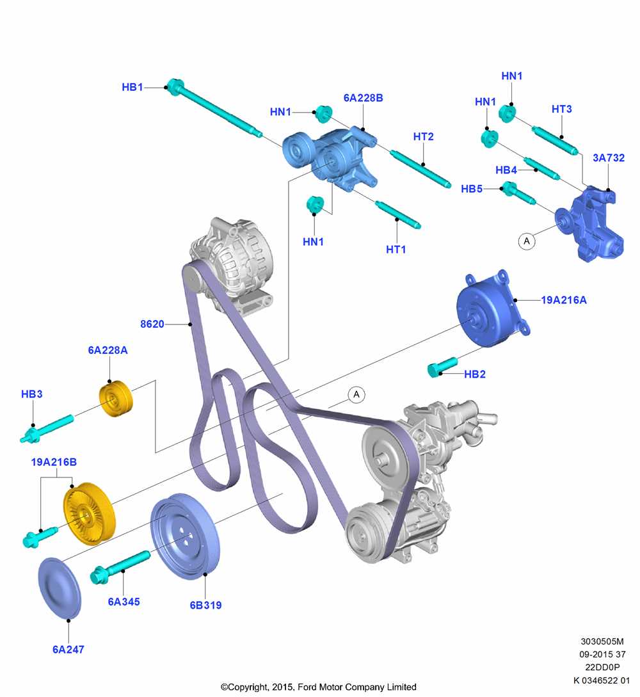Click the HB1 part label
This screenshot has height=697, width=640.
coord(132,87)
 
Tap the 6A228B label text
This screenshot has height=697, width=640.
coord(363,98)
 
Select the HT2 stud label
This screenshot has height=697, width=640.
coord(423,136)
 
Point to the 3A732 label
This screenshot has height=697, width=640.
coord(609,158)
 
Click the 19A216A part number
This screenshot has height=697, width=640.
coord(564,300)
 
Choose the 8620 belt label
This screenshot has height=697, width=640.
coord(152,324)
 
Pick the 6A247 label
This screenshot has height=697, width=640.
coord(68,650)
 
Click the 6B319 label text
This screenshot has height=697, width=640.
coord(205,605)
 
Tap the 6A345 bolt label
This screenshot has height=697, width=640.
coord(124,602)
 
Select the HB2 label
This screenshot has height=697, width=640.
coord(475,374)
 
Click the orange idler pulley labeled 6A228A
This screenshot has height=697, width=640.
coord(116,399)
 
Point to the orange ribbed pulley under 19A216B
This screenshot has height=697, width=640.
coord(90,513)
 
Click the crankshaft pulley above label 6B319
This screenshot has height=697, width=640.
coord(185,536)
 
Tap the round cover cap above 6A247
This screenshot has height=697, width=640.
coord(60,588)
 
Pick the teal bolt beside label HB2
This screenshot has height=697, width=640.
coord(442,367)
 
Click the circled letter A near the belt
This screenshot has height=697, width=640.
coord(356,394)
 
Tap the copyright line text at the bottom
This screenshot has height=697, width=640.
coord(319,687)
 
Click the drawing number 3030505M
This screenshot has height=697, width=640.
coord(602,641)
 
